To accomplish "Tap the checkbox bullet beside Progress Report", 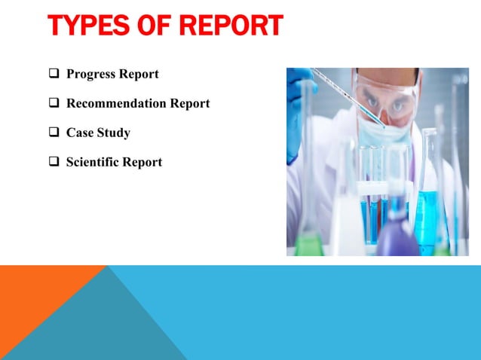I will point(54,75).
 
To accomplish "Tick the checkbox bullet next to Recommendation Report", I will point(54,104).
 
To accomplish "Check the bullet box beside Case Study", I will point(54,133).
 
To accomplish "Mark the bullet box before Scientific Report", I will point(54,162).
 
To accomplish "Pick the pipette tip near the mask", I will point(381,124).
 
